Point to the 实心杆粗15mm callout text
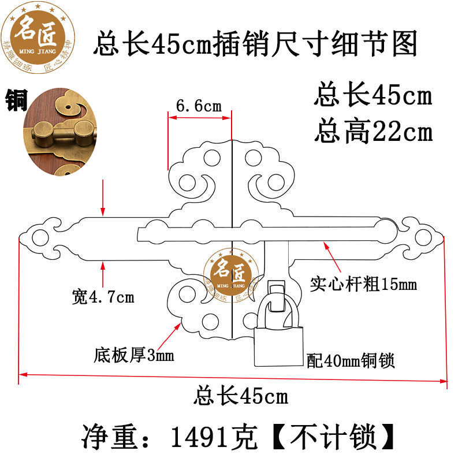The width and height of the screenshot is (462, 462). point(363,284)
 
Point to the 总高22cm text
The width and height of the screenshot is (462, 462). point(373,132)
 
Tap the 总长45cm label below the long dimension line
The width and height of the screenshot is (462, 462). point(240,397)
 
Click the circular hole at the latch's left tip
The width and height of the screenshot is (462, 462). point(40,237)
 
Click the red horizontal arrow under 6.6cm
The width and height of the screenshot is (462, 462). point(199,117)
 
